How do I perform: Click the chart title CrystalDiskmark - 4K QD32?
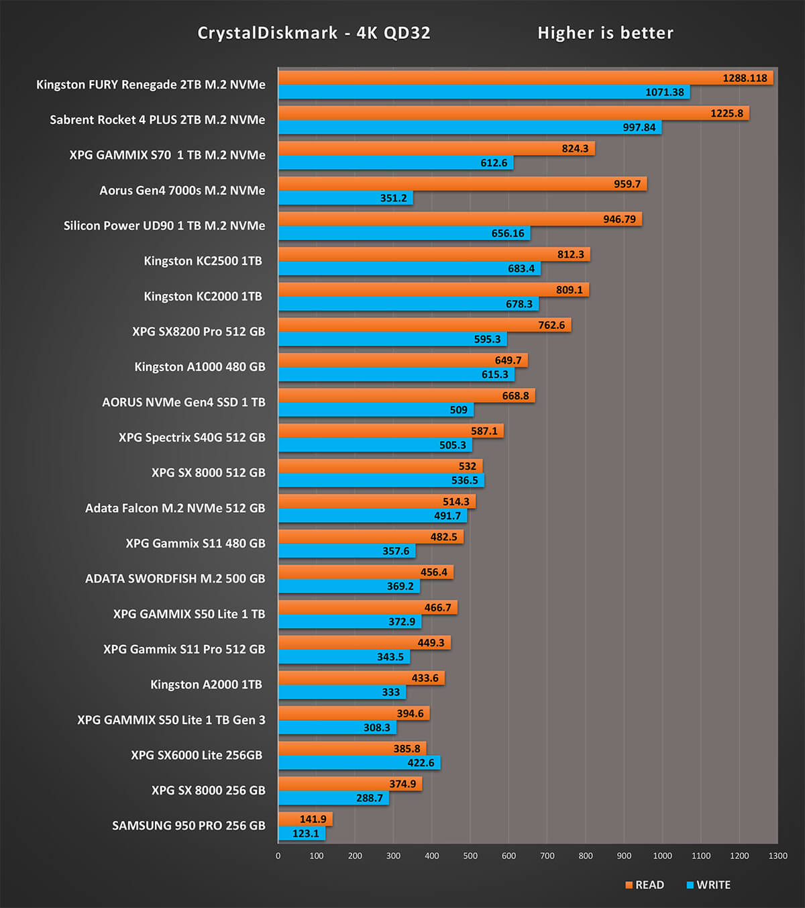(x=314, y=33)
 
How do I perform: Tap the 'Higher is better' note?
(x=605, y=33)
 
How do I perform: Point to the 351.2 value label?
(x=394, y=198)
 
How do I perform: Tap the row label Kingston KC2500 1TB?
(x=203, y=261)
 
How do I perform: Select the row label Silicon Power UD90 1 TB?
(x=164, y=225)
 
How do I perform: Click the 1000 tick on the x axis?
(x=662, y=856)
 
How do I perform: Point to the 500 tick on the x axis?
(x=470, y=856)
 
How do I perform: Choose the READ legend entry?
(x=645, y=885)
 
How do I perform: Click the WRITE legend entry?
(x=708, y=885)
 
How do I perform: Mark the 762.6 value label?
(x=551, y=325)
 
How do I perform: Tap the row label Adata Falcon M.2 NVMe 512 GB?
(x=175, y=508)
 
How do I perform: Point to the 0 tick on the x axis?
(x=278, y=856)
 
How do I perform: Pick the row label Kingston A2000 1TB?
(x=206, y=685)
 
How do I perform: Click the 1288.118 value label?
(x=745, y=78)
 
